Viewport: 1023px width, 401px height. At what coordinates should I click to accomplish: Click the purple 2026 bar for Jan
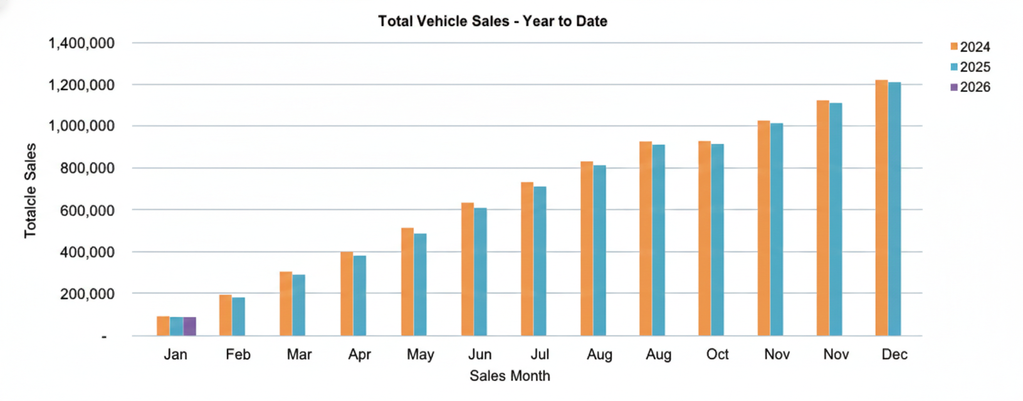[x=189, y=326]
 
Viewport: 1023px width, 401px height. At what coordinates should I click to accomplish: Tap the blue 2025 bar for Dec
[x=894, y=209]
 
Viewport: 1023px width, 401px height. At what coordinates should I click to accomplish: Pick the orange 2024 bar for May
[x=407, y=282]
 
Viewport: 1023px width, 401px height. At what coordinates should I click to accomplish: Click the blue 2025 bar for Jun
[x=480, y=272]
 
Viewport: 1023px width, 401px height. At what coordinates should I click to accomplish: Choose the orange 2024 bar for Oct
[x=705, y=239]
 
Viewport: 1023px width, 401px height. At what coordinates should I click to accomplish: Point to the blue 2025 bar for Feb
[x=238, y=316]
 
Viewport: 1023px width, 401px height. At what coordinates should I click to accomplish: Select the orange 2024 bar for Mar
[x=286, y=304]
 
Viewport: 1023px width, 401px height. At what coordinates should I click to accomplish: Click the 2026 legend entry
[x=970, y=87]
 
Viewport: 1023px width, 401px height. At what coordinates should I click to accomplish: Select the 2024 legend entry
[x=970, y=47]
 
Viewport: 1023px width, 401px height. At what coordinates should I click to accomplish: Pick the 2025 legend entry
[x=970, y=67]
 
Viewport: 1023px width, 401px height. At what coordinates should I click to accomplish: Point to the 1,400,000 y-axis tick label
[x=81, y=43]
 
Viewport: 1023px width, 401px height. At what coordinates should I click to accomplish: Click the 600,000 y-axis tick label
[x=87, y=211]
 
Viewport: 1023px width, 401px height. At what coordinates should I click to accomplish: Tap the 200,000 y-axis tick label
[x=87, y=294]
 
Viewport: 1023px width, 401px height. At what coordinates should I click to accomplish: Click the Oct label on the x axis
[x=717, y=355]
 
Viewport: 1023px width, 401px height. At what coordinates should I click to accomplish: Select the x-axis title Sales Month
[x=510, y=376]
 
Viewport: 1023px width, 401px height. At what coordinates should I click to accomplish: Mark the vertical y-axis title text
[x=30, y=190]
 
